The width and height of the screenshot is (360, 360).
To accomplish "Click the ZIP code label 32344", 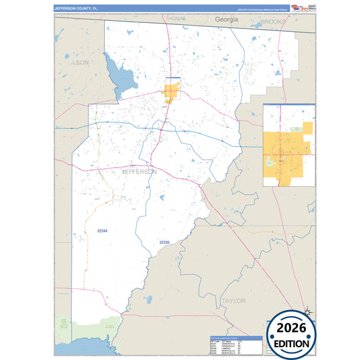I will point(103,231).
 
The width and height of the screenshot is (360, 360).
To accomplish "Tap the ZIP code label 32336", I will point(165,242).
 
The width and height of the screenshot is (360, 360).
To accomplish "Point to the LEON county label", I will point(80,62).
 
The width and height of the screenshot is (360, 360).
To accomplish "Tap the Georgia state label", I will point(227,20).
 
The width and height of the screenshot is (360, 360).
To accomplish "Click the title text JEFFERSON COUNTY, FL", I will point(76,7).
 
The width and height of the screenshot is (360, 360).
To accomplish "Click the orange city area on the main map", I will point(171,92).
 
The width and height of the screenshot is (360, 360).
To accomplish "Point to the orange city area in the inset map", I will point(287,152).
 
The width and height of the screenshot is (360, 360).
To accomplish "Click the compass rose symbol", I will point(307,312).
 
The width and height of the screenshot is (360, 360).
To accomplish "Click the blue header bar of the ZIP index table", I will point(234,336).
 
